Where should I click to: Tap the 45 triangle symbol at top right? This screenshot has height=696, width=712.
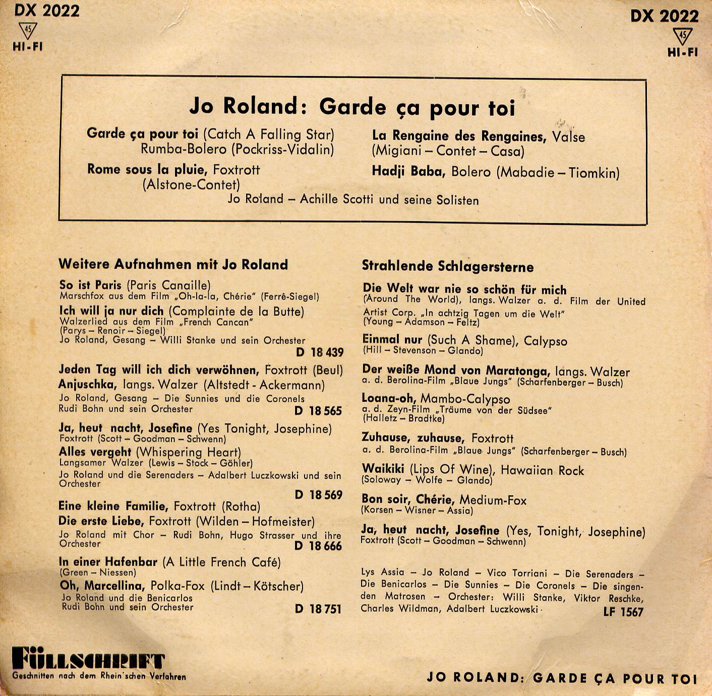[x=683, y=36]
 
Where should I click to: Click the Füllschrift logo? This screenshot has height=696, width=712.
[x=88, y=660]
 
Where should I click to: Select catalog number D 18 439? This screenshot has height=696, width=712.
[x=319, y=352]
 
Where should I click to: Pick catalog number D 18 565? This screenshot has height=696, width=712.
[x=318, y=411]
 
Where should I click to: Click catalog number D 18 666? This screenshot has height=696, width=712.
[x=318, y=546]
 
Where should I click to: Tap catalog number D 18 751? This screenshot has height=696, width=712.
[x=318, y=609]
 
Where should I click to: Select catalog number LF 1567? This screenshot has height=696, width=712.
[x=623, y=612]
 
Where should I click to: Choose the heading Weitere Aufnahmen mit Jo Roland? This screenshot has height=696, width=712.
[x=173, y=265]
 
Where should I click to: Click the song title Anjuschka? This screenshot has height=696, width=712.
[x=86, y=385]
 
